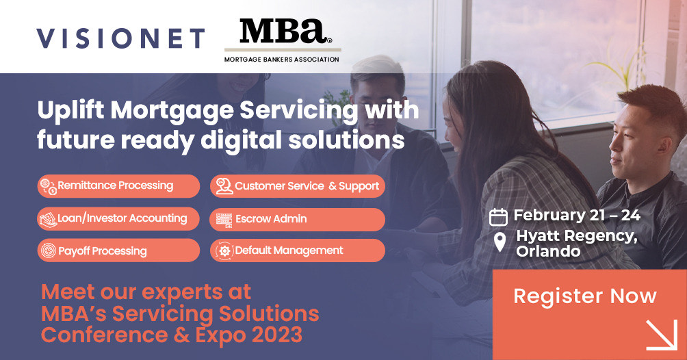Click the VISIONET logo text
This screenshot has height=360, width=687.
click(120, 38)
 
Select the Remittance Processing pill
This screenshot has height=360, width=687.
click(118, 185)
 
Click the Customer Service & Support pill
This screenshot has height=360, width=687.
click(297, 185)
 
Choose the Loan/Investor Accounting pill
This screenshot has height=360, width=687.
click(118, 218)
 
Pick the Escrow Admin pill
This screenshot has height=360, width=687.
click(297, 219)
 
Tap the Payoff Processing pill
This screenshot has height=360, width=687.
click(118, 250)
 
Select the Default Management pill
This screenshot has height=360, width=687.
click(297, 250)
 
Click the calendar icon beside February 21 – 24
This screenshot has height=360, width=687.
click(498, 217)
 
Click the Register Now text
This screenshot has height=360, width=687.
click(585, 296)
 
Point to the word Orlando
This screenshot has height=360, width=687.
click(548, 251)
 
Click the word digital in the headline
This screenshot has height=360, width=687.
click(237, 140)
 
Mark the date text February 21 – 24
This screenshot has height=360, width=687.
click(577, 216)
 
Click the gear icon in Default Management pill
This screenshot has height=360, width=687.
click(224, 251)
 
